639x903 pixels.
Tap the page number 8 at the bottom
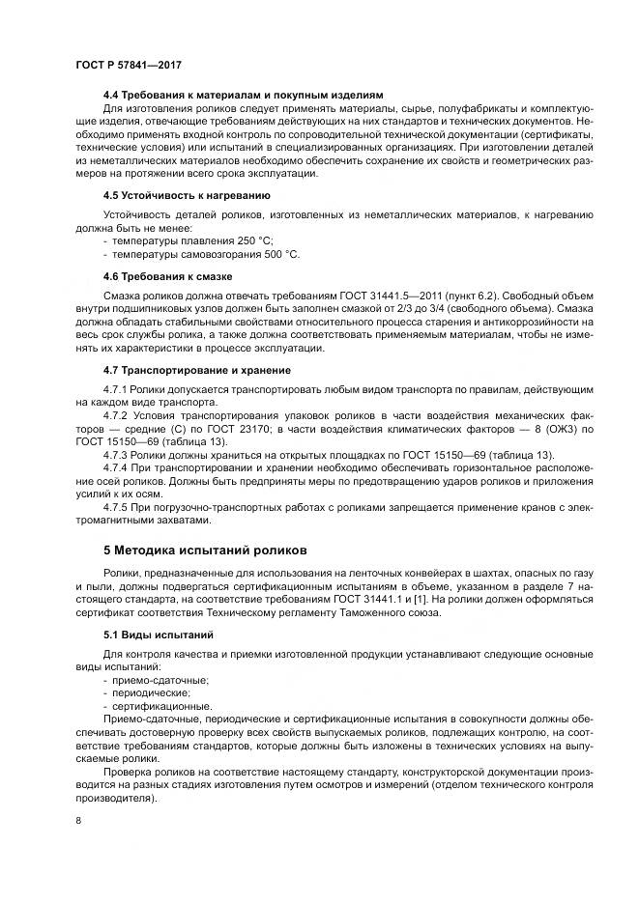point(78,821)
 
